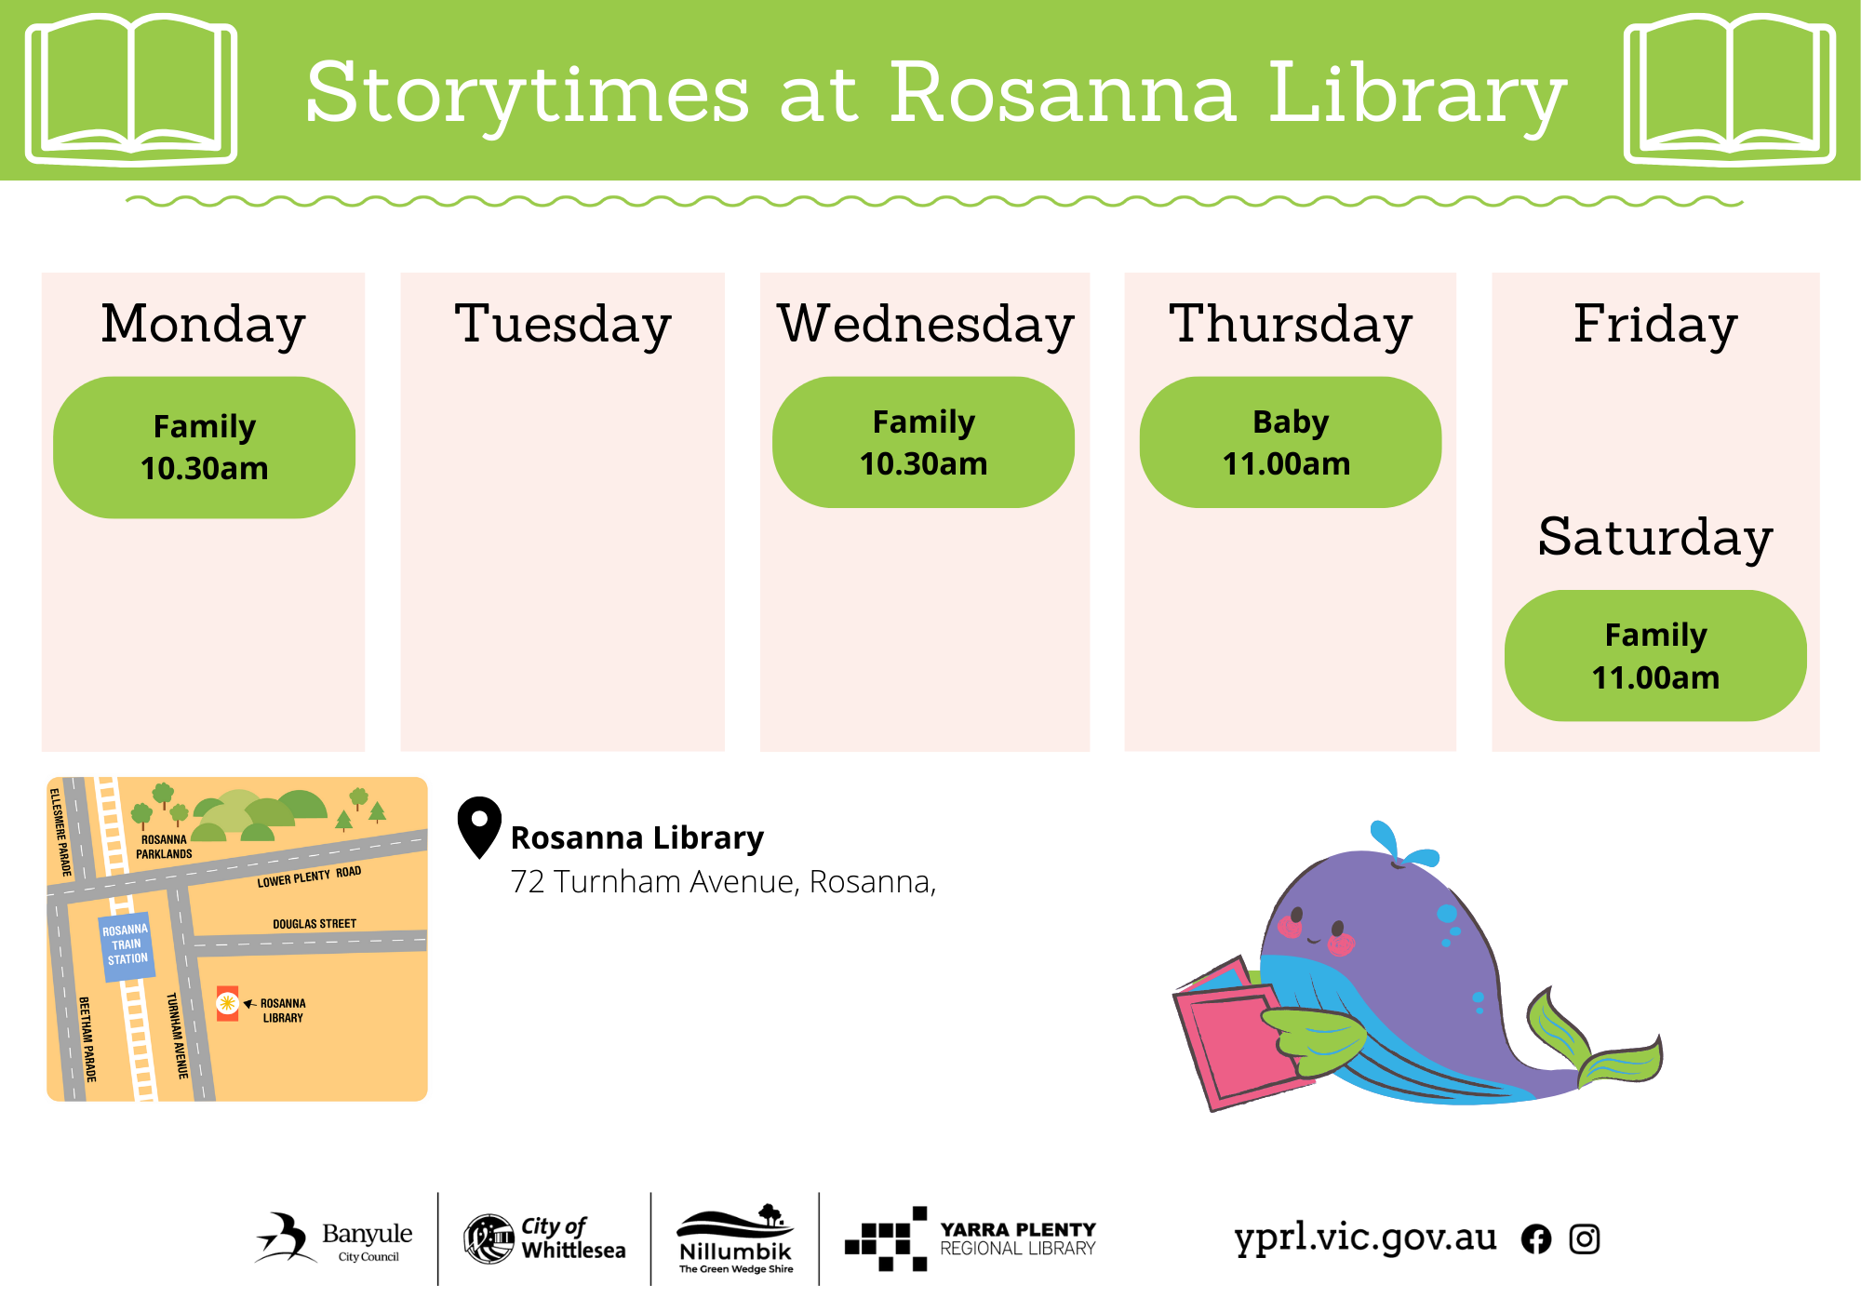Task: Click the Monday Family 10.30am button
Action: [205, 448]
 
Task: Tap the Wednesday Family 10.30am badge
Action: [924, 442]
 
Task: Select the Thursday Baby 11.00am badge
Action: [1291, 442]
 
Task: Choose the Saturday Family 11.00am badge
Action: [1655, 656]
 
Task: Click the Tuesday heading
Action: [563, 325]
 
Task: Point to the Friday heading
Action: [1655, 325]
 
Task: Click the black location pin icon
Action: [479, 826]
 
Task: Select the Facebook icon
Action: [1536, 1239]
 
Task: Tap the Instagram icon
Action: [1585, 1239]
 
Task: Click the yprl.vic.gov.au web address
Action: [1365, 1238]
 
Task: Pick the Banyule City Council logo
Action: [334, 1238]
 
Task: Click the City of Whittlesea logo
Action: [544, 1238]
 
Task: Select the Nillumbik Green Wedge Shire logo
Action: [736, 1238]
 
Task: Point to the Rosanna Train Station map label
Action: [127, 946]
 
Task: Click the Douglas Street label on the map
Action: [315, 924]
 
